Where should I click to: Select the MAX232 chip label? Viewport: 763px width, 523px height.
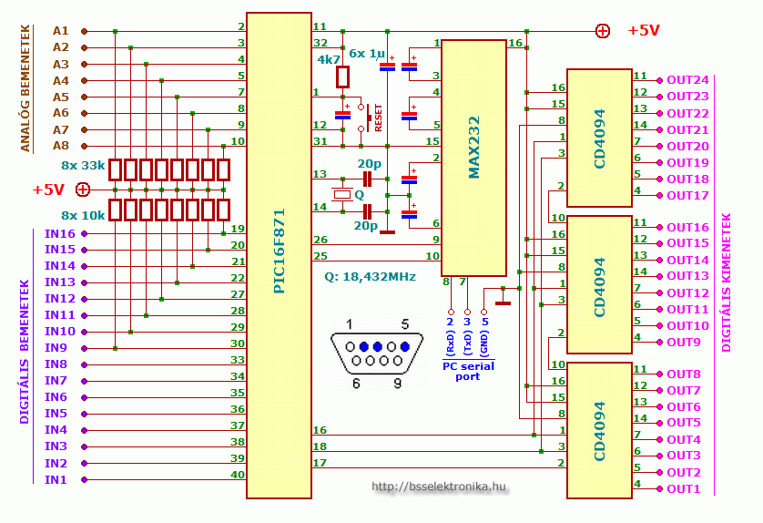(x=473, y=148)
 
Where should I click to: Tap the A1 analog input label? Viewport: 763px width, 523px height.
(x=60, y=31)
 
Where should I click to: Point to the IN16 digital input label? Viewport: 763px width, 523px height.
(x=60, y=233)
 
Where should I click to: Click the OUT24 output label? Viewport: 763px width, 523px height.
(x=687, y=80)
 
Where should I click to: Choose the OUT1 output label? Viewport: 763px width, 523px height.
(x=684, y=489)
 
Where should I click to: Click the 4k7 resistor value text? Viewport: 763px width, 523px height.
(x=329, y=59)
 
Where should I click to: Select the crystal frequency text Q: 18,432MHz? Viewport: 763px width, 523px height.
(x=370, y=276)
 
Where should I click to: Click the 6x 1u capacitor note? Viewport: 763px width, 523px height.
(x=368, y=54)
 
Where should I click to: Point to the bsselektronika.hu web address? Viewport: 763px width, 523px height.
(x=438, y=487)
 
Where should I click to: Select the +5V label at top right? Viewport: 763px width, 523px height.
(x=644, y=31)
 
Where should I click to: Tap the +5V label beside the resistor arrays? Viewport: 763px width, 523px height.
(x=48, y=190)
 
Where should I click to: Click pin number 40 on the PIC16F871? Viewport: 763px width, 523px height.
(x=238, y=474)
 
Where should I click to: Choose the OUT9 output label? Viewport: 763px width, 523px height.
(x=684, y=342)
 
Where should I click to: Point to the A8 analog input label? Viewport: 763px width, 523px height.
(x=60, y=145)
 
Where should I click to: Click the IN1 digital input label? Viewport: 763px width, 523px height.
(x=56, y=479)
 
